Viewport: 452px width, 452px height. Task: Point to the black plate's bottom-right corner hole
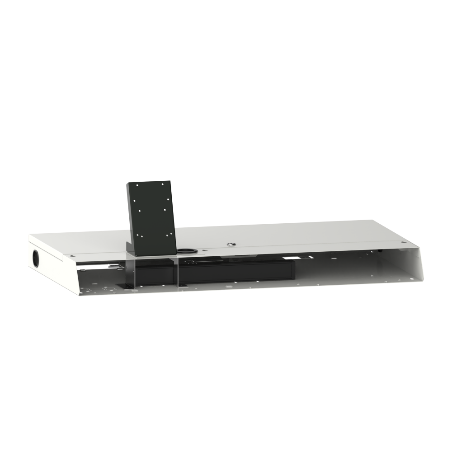(171, 233)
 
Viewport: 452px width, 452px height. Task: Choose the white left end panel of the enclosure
(45, 262)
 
